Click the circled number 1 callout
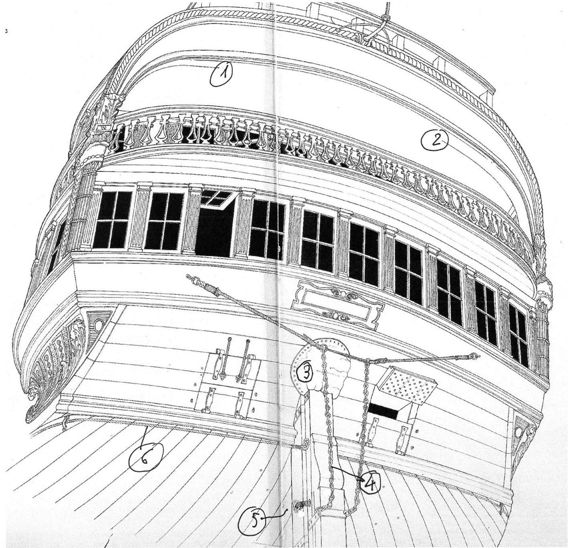click(221, 74)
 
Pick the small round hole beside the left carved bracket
click(98, 324)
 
